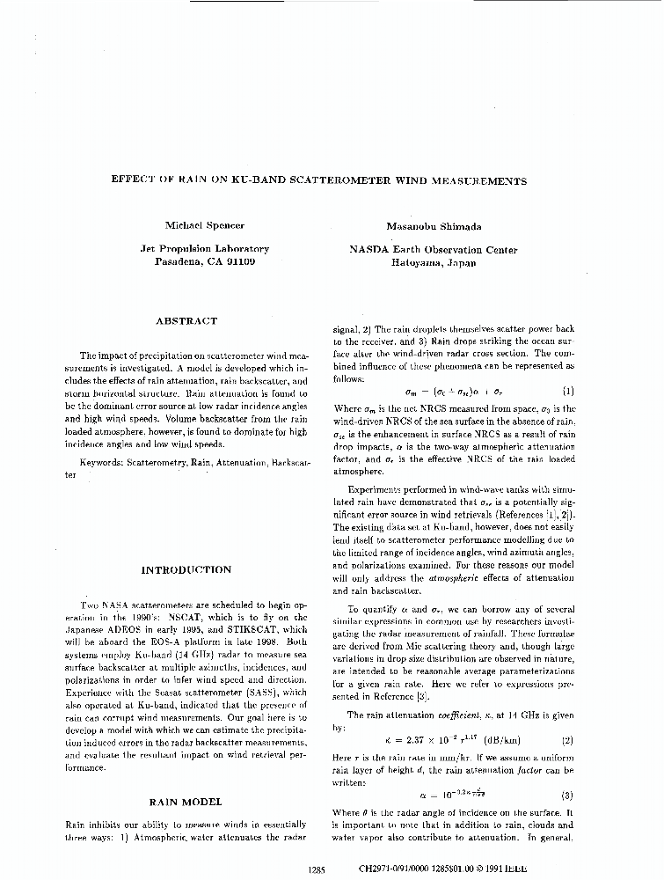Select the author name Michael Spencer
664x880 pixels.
(204, 226)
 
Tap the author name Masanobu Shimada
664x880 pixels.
(433, 226)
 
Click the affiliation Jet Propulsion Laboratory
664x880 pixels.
(204, 250)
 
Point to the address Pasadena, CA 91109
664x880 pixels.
(204, 262)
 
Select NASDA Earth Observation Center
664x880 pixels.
(433, 250)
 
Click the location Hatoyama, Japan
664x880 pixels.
(433, 262)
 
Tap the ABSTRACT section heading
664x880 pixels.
(186, 322)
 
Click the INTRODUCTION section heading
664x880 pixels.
(186, 570)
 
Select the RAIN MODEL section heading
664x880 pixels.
(186, 802)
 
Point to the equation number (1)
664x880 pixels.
(567, 390)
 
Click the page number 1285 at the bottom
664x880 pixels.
(317, 869)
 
